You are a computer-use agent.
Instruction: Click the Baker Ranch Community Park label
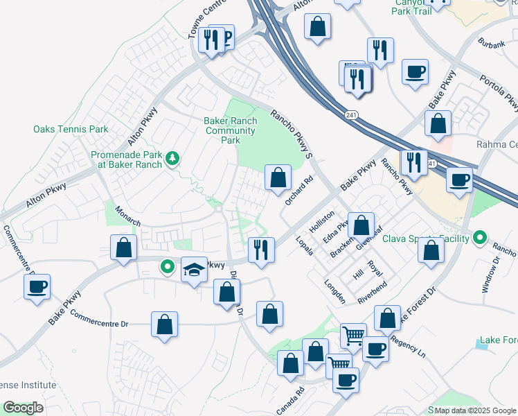tap(230, 130)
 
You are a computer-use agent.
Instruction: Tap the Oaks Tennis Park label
tap(71, 130)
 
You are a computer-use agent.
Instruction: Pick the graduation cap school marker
tap(195, 270)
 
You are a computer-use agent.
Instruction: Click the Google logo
tap(23, 408)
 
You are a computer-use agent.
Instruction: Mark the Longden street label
tap(335, 291)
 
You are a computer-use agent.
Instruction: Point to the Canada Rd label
tap(296, 397)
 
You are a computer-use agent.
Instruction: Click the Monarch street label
tap(127, 217)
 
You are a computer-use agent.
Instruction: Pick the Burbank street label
tap(491, 43)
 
